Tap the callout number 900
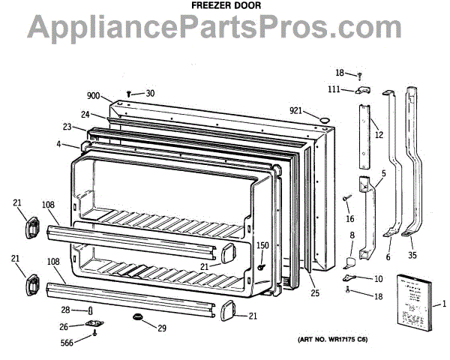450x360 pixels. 93,97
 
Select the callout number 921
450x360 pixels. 296,111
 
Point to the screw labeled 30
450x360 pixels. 130,93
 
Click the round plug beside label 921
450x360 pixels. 325,119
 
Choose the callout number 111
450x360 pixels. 334,89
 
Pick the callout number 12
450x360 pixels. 379,135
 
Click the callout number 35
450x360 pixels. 412,256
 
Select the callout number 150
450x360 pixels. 262,245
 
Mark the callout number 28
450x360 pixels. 66,310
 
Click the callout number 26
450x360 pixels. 66,326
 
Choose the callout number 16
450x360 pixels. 349,218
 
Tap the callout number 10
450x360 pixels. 378,279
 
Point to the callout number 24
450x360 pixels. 85,115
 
